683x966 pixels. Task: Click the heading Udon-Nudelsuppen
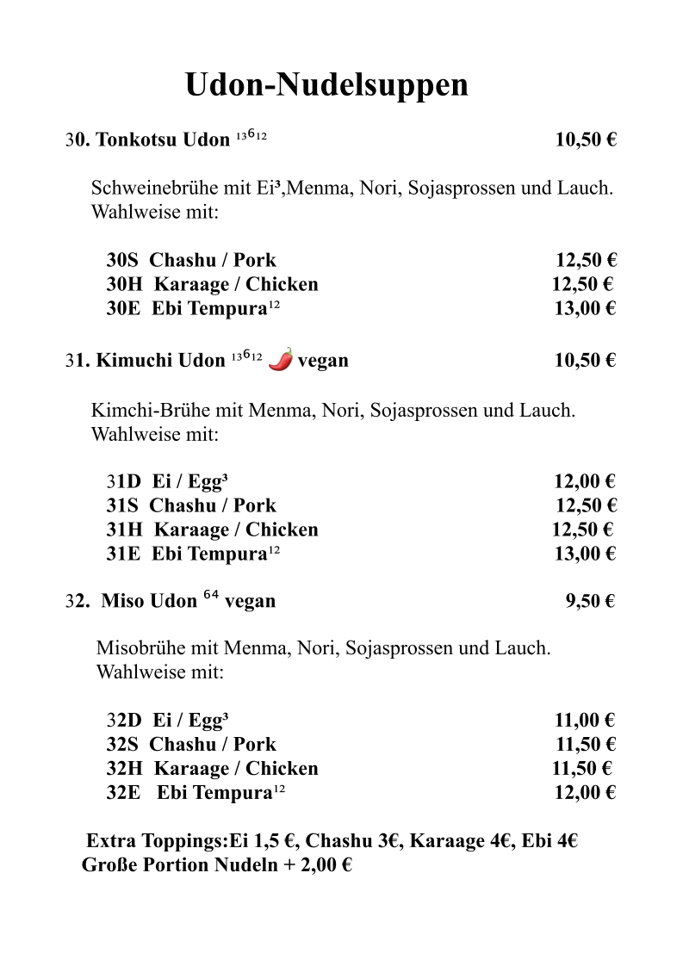pyautogui.click(x=326, y=85)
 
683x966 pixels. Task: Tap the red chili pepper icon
pyautogui.click(x=281, y=359)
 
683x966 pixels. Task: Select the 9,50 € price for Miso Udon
pyautogui.click(x=590, y=601)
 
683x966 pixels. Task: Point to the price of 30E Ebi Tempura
pyautogui.click(x=585, y=308)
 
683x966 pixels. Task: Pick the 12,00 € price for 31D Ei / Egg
pyautogui.click(x=585, y=481)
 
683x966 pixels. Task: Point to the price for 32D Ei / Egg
pyautogui.click(x=585, y=721)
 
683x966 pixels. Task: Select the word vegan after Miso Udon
pyautogui.click(x=250, y=601)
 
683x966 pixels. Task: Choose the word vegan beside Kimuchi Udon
pyautogui.click(x=323, y=361)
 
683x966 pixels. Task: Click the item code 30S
pyautogui.click(x=123, y=260)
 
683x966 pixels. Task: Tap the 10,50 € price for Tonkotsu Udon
pyautogui.click(x=586, y=140)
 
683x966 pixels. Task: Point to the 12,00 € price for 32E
pyautogui.click(x=585, y=793)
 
